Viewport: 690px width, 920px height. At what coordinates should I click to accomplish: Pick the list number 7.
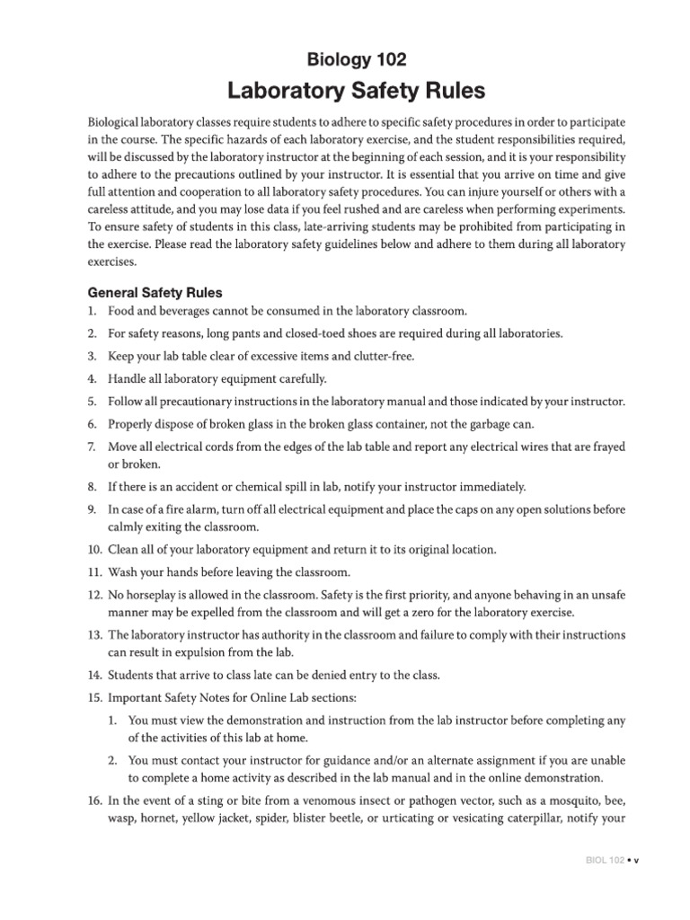point(92,447)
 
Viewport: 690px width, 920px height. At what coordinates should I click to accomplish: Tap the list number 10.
point(94,549)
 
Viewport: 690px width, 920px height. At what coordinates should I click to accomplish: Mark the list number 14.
point(94,675)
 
